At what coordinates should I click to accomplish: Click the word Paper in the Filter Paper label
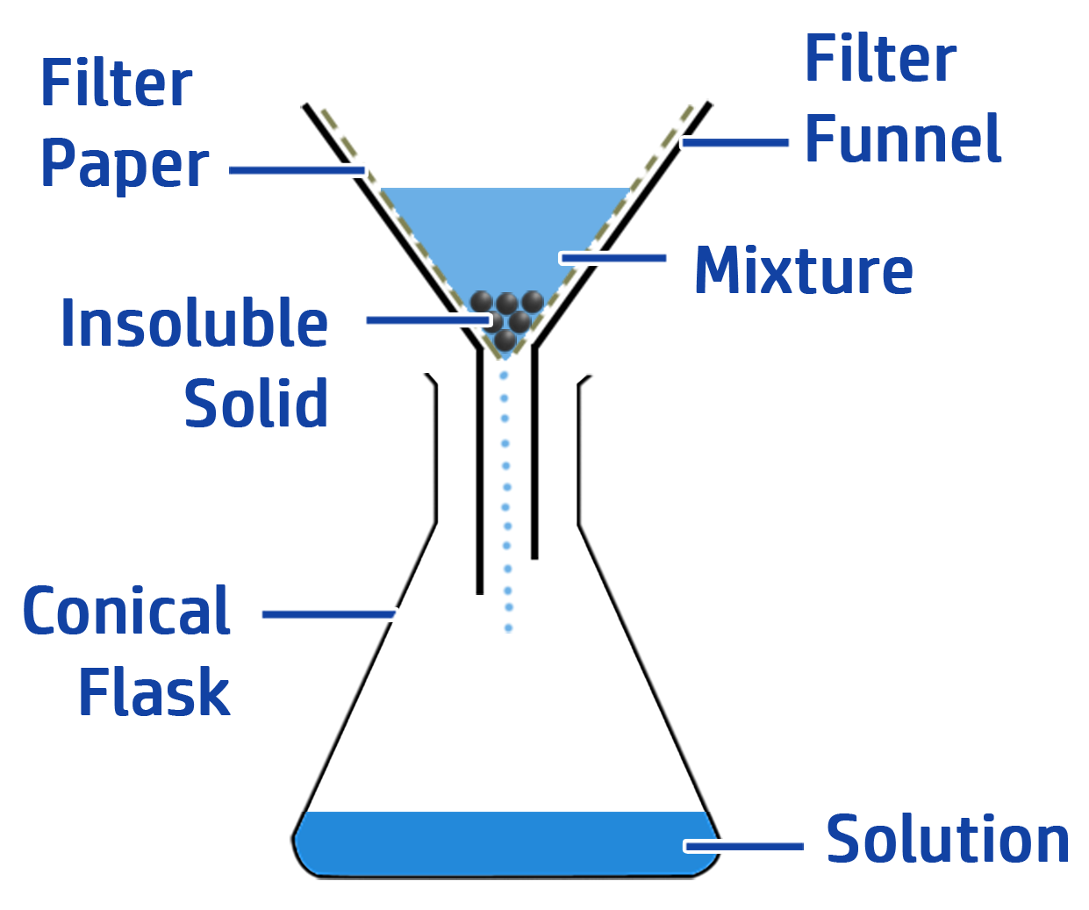(125, 165)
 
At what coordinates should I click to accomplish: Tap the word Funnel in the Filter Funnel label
(903, 139)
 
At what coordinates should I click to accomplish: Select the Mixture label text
(803, 270)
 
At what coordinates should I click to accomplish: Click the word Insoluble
(194, 324)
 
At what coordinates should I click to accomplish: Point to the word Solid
(256, 404)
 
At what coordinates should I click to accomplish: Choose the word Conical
(126, 612)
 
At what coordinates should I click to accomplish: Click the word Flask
(154, 692)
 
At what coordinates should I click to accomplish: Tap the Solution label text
(948, 840)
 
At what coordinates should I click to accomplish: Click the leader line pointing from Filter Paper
(297, 169)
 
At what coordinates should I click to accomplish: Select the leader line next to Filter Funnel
(735, 142)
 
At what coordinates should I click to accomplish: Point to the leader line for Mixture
(613, 258)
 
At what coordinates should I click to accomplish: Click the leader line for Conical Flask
(329, 613)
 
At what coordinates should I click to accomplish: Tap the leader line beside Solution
(744, 846)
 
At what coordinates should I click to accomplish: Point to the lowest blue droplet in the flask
(508, 628)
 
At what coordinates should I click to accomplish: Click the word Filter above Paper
(116, 84)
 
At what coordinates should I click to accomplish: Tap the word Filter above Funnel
(880, 60)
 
